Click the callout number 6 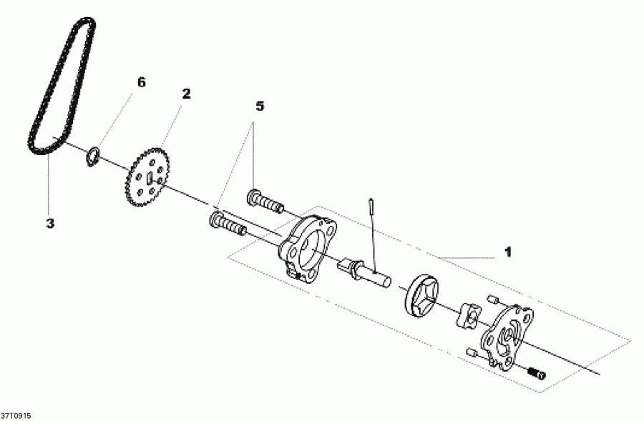(x=141, y=83)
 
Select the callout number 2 (x=186, y=94)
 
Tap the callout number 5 (x=259, y=107)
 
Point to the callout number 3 (x=50, y=224)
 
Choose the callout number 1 (x=507, y=252)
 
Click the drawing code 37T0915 (x=16, y=415)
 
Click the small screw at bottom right (x=536, y=372)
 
